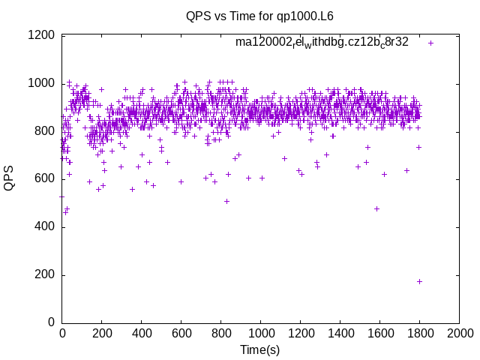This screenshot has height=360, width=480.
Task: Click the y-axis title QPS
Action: [10, 178]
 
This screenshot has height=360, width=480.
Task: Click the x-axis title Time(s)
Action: [259, 349]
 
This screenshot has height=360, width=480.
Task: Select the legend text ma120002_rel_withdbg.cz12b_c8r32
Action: [322, 42]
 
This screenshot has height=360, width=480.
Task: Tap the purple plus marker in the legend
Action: [430, 43]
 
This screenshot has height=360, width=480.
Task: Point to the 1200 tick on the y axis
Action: [41, 35]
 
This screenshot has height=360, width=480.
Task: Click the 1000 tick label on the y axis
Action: [41, 83]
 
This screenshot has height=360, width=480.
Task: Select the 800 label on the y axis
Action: [44, 131]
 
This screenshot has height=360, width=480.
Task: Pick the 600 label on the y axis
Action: [44, 178]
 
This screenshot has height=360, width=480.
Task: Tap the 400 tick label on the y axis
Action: [44, 226]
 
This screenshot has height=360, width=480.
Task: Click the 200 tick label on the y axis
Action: [44, 274]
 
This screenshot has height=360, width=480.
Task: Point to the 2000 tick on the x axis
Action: [459, 333]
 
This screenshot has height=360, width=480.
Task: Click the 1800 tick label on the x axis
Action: [419, 333]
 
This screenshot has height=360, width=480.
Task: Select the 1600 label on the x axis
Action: [379, 333]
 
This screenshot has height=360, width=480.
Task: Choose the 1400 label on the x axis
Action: [340, 333]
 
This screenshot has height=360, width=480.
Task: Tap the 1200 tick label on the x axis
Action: [300, 333]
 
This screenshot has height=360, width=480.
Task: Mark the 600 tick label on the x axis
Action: [181, 333]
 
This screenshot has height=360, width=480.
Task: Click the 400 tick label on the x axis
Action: [142, 333]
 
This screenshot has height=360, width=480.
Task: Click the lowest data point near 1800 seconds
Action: [419, 281]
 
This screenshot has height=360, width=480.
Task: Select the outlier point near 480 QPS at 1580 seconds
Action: [376, 208]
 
